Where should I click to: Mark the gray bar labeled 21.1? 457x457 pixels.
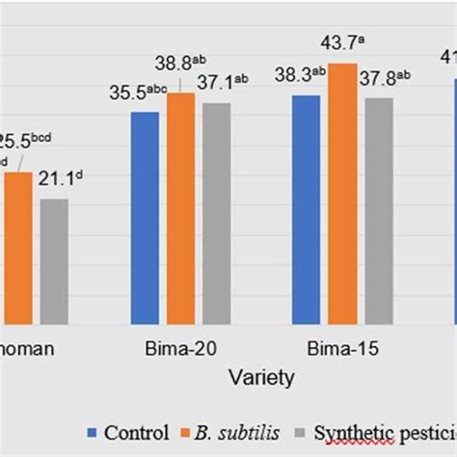[x=54, y=260]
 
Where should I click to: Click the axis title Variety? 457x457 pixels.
[x=259, y=378]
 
